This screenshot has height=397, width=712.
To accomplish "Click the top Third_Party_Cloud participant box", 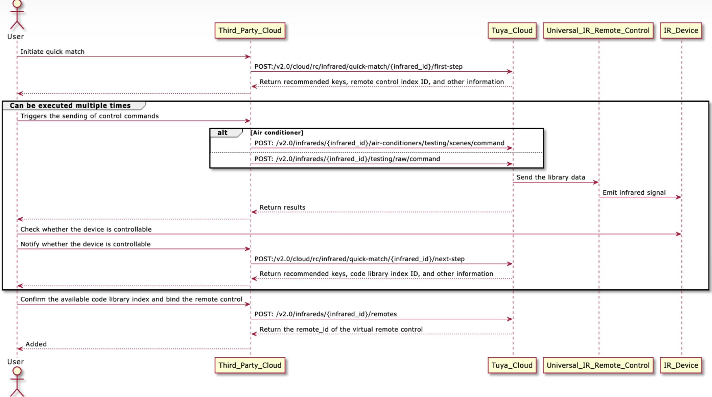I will pyautogui.click(x=250, y=31).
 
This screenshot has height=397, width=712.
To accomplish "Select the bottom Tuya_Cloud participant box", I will pyautogui.click(x=512, y=365).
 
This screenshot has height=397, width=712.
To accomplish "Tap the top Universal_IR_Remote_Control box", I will pyautogui.click(x=598, y=31).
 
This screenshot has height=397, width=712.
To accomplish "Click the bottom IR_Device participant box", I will pyautogui.click(x=681, y=365).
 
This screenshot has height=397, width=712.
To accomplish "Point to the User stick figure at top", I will pyautogui.click(x=17, y=14).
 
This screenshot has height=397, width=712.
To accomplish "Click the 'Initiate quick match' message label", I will pyautogui.click(x=52, y=52).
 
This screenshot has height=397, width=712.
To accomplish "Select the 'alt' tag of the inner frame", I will pyautogui.click(x=222, y=133).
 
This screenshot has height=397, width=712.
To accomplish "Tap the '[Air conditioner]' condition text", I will pyautogui.click(x=277, y=133).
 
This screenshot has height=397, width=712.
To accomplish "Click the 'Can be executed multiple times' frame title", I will pyautogui.click(x=70, y=106).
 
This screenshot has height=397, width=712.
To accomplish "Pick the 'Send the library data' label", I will pyautogui.click(x=551, y=177).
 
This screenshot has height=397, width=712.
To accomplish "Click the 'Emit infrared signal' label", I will pyautogui.click(x=634, y=193).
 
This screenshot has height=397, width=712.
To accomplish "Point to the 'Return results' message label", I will pyautogui.click(x=282, y=208).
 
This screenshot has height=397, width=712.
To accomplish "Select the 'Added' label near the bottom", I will pyautogui.click(x=36, y=344).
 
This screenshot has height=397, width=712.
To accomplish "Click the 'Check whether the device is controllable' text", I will pyautogui.click(x=86, y=229).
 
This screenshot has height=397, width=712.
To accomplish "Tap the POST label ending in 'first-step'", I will pyautogui.click(x=358, y=67).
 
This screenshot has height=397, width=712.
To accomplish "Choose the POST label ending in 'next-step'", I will pyautogui.click(x=359, y=259).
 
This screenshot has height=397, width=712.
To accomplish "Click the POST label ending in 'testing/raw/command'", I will pyautogui.click(x=347, y=159).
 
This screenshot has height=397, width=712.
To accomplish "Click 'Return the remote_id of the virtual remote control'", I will pyautogui.click(x=341, y=329).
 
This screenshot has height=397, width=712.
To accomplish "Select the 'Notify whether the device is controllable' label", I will pyautogui.click(x=85, y=244).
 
